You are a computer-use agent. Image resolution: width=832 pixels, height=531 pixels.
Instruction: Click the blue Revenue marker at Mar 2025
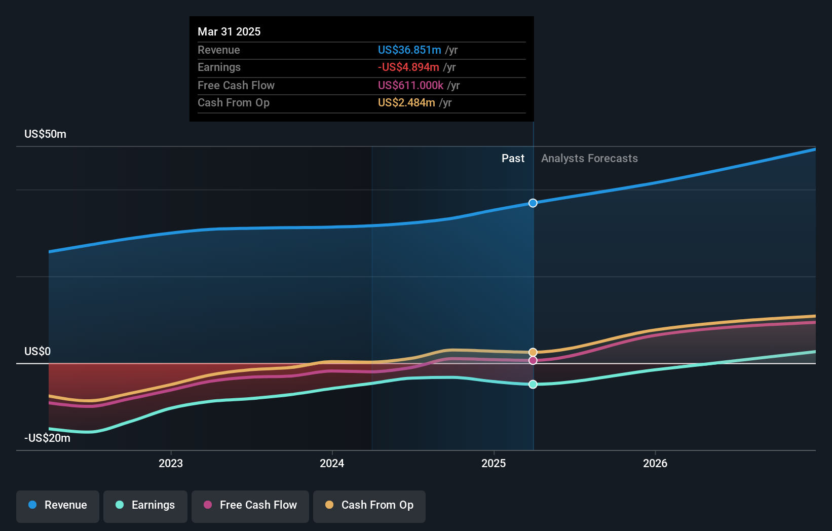(533, 203)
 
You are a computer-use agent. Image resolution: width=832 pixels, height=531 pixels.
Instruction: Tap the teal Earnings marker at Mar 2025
(533, 385)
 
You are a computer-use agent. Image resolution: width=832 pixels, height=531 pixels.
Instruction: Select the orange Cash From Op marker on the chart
(533, 352)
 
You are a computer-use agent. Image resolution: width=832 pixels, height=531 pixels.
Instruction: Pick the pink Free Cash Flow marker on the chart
(533, 361)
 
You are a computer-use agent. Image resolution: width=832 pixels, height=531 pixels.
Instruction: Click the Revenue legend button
(58, 505)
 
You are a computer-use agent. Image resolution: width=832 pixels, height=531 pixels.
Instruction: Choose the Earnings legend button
(145, 505)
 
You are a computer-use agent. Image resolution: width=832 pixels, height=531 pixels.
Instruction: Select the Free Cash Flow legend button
(250, 505)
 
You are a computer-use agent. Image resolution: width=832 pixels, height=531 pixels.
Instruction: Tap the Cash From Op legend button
(369, 505)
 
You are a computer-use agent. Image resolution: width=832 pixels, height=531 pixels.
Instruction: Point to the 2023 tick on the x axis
(171, 463)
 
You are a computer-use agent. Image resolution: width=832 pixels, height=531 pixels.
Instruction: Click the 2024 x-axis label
(332, 463)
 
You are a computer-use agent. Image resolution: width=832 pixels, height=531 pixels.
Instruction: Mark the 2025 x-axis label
(494, 463)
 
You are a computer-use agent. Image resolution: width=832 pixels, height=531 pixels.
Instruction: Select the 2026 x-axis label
(655, 463)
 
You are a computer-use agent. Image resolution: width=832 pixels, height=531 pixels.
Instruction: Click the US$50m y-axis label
(45, 134)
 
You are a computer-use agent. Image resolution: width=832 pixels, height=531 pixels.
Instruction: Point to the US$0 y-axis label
(37, 352)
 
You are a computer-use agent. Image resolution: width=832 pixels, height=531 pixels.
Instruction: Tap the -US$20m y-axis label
(47, 438)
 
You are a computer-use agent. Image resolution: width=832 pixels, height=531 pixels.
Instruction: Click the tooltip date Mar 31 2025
(229, 32)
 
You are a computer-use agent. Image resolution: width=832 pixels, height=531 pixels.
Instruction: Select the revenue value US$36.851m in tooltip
(409, 50)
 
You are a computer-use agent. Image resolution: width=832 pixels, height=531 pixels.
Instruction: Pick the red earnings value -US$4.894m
(408, 67)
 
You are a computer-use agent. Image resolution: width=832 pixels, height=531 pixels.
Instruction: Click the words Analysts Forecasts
(589, 159)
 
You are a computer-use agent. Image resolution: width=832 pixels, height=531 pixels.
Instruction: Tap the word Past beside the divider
(513, 159)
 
